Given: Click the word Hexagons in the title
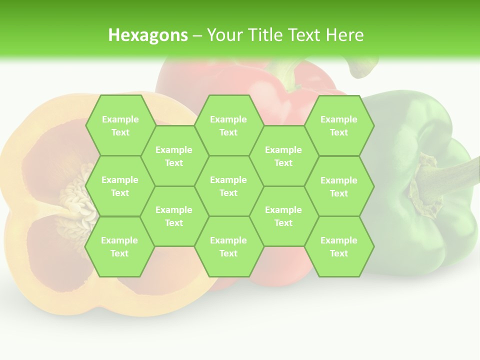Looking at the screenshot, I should pyautogui.click(x=148, y=35).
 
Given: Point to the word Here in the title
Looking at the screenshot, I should pyautogui.click(x=344, y=35).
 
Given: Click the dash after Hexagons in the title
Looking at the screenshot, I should pyautogui.click(x=197, y=35).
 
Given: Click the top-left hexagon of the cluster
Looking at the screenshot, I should pyautogui.click(x=120, y=125).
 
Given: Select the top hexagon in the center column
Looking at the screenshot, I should pyautogui.click(x=228, y=125).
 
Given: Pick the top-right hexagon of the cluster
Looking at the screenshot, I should pyautogui.click(x=339, y=125).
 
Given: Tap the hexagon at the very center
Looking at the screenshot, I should pyautogui.click(x=228, y=186).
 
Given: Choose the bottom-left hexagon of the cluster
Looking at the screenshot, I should pyautogui.click(x=120, y=246).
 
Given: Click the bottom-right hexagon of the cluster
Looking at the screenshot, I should pyautogui.click(x=339, y=246).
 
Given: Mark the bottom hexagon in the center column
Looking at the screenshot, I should pyautogui.click(x=228, y=246).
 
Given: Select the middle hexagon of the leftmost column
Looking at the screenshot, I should pyautogui.click(x=120, y=186).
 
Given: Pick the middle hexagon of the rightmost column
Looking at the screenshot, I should pyautogui.click(x=339, y=186).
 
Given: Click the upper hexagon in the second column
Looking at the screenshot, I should pyautogui.click(x=174, y=156).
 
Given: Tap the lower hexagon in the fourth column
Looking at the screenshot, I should pyautogui.click(x=283, y=216).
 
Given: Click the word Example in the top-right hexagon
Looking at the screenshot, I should pyautogui.click(x=339, y=119).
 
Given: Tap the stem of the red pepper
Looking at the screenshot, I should pyautogui.click(x=290, y=75).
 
